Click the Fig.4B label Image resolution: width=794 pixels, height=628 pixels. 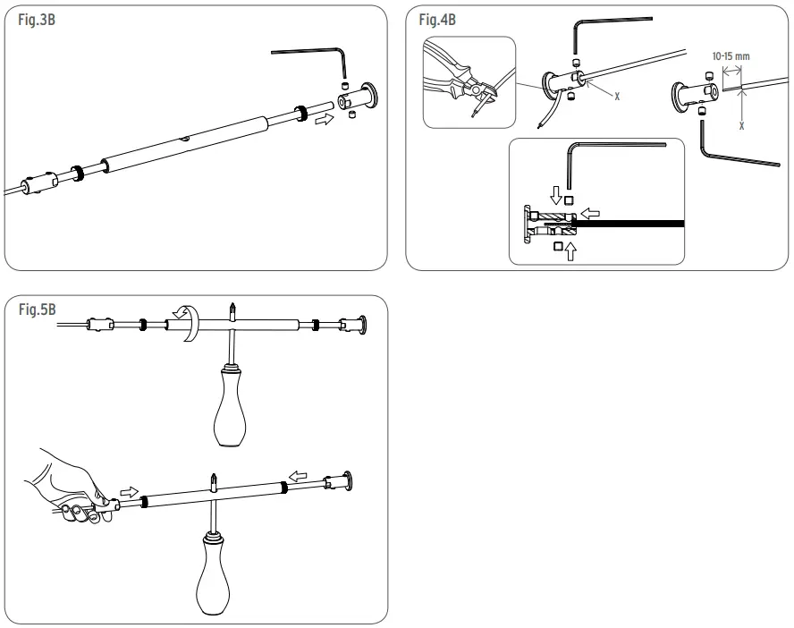pyautogui.click(x=436, y=21)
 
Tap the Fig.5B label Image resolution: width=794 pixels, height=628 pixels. pyautogui.click(x=37, y=310)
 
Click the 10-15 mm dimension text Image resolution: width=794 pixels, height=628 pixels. pyautogui.click(x=731, y=55)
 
